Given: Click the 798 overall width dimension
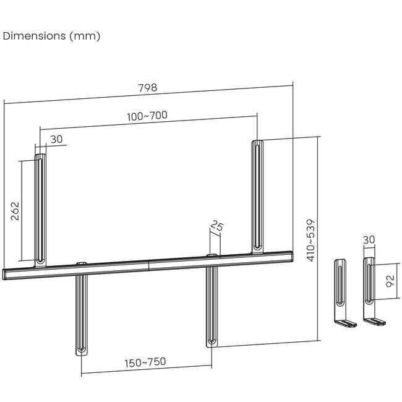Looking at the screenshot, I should (148, 88).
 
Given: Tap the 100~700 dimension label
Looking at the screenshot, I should (148, 116).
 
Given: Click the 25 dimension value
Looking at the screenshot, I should (216, 227).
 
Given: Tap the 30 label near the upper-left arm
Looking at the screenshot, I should (56, 140).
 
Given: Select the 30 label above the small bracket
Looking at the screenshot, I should (369, 239).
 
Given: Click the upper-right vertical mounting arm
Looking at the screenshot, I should (258, 195).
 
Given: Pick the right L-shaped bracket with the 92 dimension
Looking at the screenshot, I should (370, 291).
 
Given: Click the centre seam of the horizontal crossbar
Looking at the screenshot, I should (148, 265).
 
